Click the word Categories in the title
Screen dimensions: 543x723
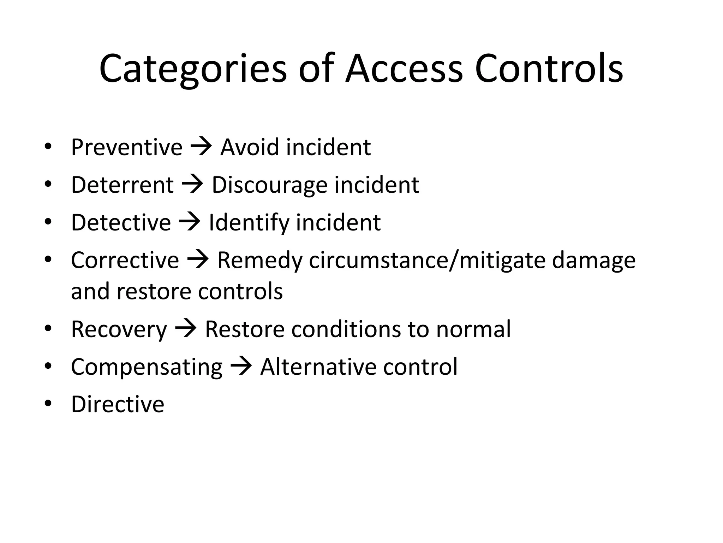(x=193, y=69)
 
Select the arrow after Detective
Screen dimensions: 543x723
(x=190, y=222)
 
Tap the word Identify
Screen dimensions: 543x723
(x=249, y=223)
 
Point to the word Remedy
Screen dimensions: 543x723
(x=260, y=261)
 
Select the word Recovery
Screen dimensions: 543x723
(x=119, y=329)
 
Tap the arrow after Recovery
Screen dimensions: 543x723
(x=186, y=328)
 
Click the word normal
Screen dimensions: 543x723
(x=473, y=329)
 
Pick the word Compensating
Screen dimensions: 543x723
(x=147, y=367)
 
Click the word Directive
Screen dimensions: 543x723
(x=118, y=404)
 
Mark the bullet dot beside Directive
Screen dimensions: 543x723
(x=48, y=403)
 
